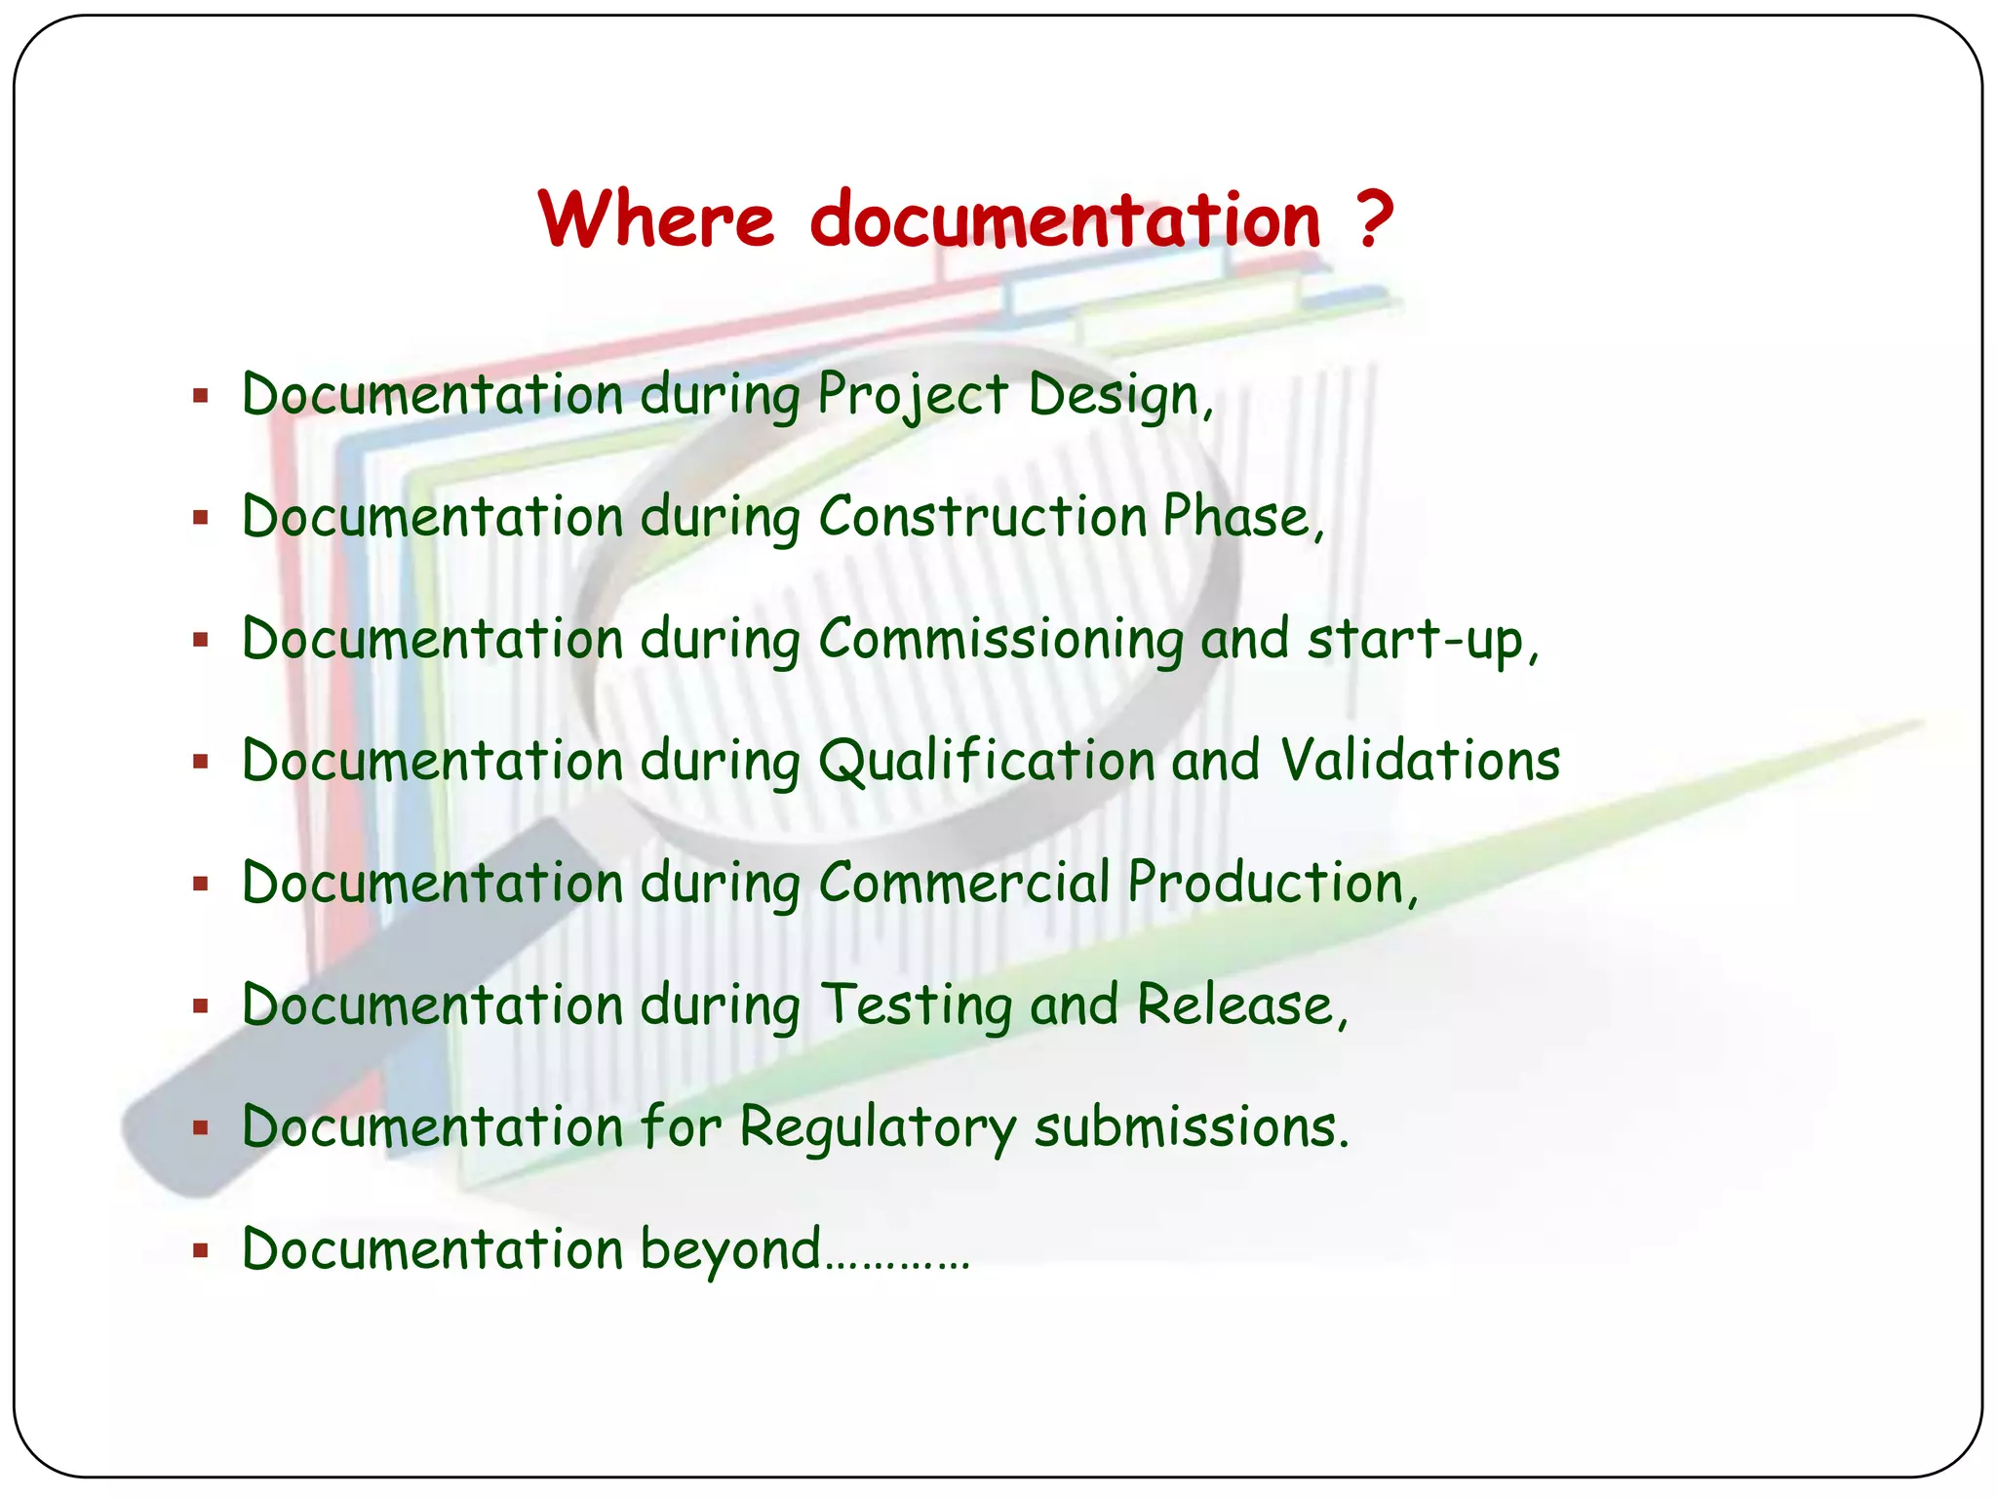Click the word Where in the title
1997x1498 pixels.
pyautogui.click(x=655, y=219)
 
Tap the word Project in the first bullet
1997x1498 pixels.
pyautogui.click(x=913, y=396)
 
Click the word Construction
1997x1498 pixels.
pyautogui.click(x=983, y=517)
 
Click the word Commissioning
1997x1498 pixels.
pyautogui.click(x=1000, y=640)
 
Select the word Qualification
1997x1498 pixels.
pyautogui.click(x=987, y=762)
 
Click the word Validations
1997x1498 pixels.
pyautogui.click(x=1421, y=762)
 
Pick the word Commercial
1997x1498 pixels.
pyautogui.click(x=964, y=884)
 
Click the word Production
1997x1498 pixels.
pyautogui.click(x=1266, y=884)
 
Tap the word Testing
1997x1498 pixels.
pyautogui.click(x=917, y=1005)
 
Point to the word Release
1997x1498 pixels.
pyautogui.click(x=1235, y=1005)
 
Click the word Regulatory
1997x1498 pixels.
pyautogui.click(x=878, y=1128)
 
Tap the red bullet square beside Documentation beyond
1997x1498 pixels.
pyautogui.click(x=201, y=1250)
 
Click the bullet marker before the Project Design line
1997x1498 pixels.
pyautogui.click(x=201, y=396)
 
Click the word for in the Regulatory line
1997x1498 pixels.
pyautogui.click(x=681, y=1128)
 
